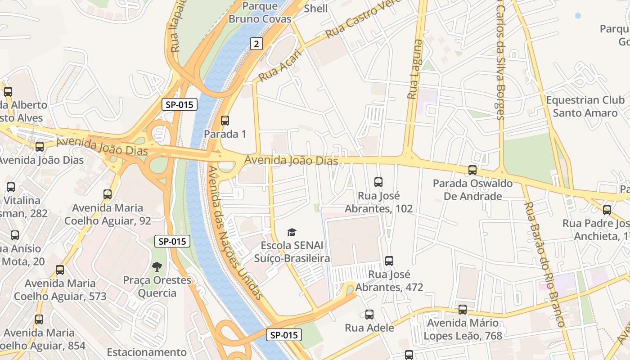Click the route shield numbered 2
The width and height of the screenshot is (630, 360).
click(x=256, y=44)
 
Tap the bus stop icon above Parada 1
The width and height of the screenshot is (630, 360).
click(x=225, y=121)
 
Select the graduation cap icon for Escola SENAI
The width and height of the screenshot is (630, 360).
click(x=292, y=232)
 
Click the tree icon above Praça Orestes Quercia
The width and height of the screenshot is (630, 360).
click(x=157, y=267)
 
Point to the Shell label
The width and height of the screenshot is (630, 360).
click(x=316, y=8)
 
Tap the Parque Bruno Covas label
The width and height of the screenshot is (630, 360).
click(x=260, y=13)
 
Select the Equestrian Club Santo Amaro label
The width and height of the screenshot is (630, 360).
click(x=585, y=106)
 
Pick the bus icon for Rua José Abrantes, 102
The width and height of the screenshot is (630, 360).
click(x=378, y=182)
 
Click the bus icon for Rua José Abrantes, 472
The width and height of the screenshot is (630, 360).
click(x=389, y=261)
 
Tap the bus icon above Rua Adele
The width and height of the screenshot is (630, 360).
click(x=369, y=315)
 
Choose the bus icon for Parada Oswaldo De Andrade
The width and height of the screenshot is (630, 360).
click(x=472, y=170)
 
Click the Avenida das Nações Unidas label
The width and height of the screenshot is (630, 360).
click(x=235, y=233)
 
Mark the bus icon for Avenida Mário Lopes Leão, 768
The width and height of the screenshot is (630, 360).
click(x=463, y=310)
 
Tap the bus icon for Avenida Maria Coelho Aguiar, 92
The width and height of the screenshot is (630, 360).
click(x=108, y=194)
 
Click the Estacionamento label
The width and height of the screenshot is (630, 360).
click(x=147, y=352)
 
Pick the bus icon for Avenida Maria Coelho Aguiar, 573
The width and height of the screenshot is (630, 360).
click(x=60, y=270)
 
